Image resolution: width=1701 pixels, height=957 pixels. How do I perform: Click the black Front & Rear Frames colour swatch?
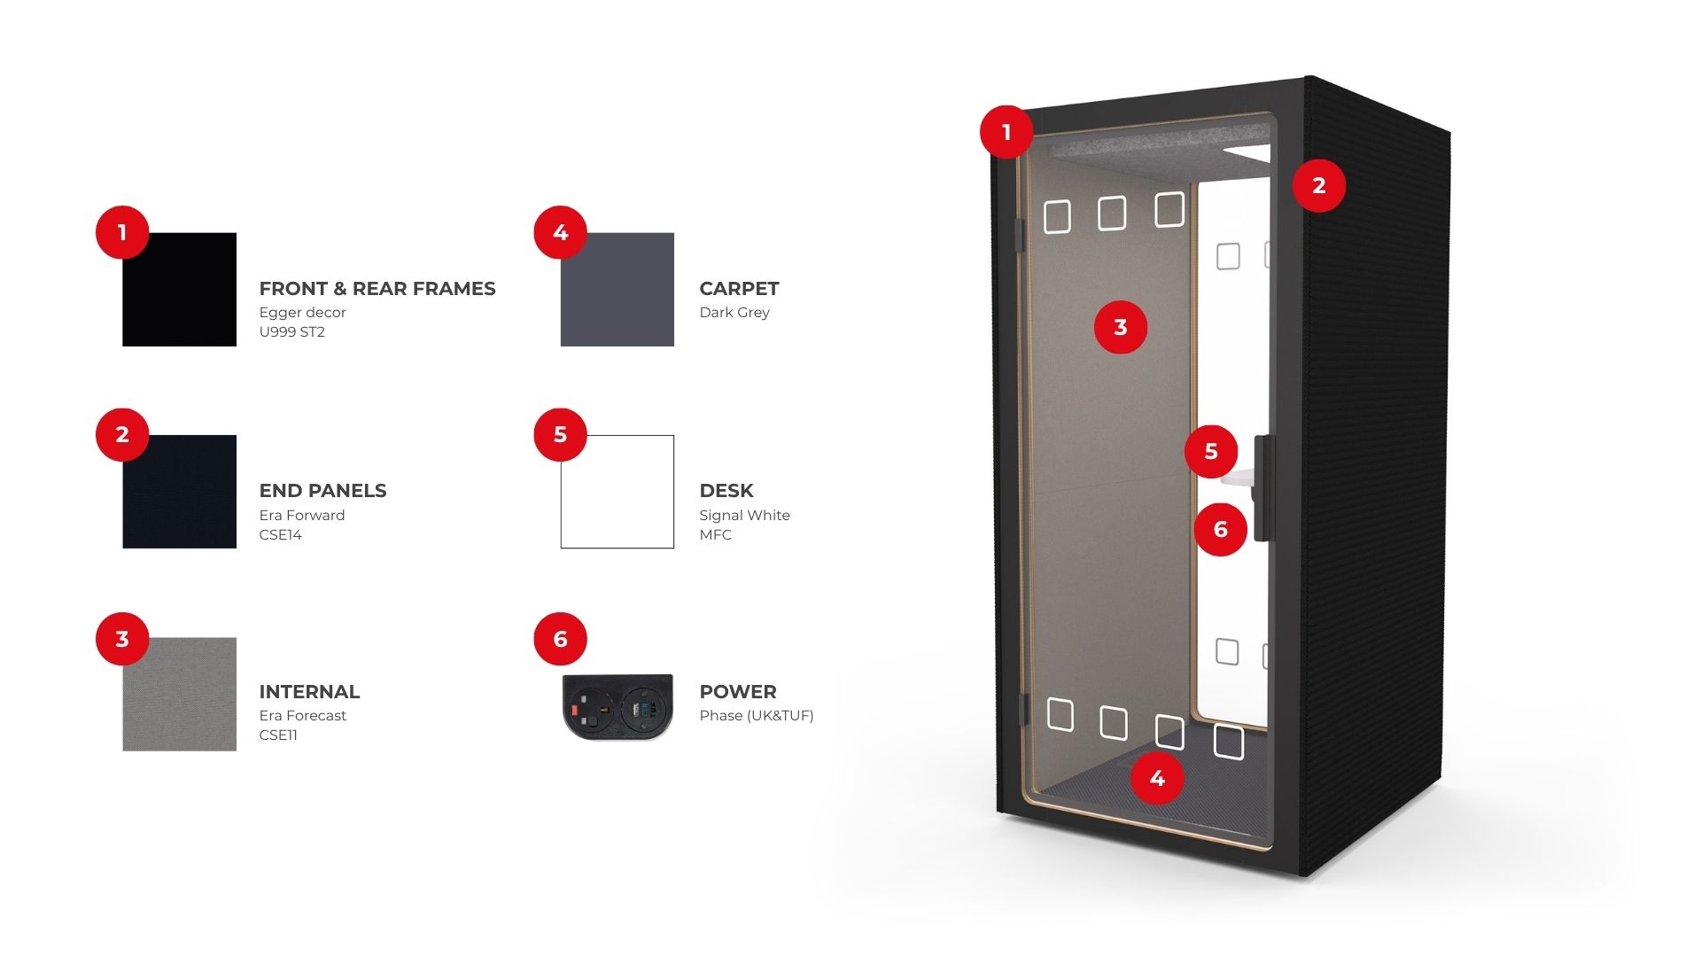pyautogui.click(x=179, y=290)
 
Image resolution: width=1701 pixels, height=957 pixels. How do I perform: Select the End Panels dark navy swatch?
pyautogui.click(x=179, y=492)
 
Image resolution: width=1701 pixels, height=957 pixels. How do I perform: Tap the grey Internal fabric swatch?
pyautogui.click(x=179, y=694)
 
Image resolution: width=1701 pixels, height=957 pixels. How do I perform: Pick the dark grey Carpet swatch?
pyautogui.click(x=617, y=290)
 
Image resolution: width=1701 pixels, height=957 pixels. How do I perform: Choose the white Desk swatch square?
pyautogui.click(x=617, y=492)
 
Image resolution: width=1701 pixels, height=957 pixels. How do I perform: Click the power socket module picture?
pyautogui.click(x=617, y=707)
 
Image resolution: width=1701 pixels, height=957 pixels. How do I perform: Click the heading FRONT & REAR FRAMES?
pyautogui.click(x=377, y=289)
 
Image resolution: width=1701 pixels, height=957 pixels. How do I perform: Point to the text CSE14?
pyautogui.click(x=281, y=535)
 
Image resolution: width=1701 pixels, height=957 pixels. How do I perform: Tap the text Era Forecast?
pyautogui.click(x=303, y=716)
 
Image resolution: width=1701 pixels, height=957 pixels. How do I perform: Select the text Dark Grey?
pyautogui.click(x=734, y=313)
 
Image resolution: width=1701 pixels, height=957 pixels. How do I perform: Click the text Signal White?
pyautogui.click(x=744, y=516)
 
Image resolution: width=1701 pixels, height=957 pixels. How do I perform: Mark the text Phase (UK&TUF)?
pyautogui.click(x=757, y=716)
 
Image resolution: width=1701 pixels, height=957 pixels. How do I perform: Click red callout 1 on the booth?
pyautogui.click(x=1006, y=132)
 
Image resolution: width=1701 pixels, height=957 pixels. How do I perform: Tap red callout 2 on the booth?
pyautogui.click(x=1318, y=185)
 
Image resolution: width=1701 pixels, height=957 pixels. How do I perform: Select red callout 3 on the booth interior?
pyautogui.click(x=1120, y=327)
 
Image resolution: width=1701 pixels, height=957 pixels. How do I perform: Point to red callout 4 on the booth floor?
pyautogui.click(x=1157, y=778)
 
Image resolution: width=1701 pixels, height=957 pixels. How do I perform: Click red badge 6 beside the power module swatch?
pyautogui.click(x=560, y=639)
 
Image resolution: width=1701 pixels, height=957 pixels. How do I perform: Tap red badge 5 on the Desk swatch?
pyautogui.click(x=560, y=435)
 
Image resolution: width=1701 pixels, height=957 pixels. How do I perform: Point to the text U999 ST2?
pyautogui.click(x=292, y=332)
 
